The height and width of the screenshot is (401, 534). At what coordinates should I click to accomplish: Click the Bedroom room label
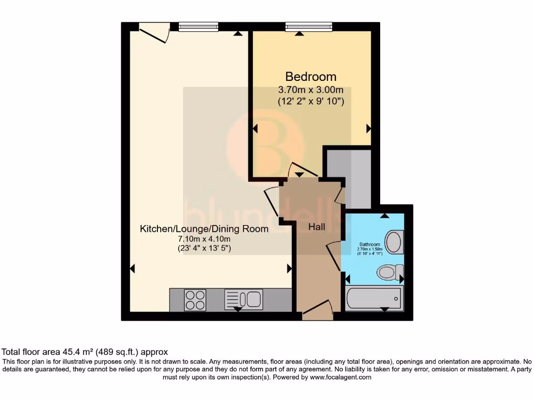(x=310, y=77)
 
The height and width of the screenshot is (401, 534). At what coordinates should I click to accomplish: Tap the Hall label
(x=317, y=227)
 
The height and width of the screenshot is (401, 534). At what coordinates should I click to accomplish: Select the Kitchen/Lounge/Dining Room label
(x=204, y=229)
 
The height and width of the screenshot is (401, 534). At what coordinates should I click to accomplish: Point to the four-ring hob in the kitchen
(x=195, y=300)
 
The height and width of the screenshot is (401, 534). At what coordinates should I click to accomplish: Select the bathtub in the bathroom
(x=374, y=298)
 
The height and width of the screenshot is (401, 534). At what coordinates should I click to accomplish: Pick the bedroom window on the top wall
(x=309, y=27)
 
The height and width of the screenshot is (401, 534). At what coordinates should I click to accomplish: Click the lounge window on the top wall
(x=198, y=27)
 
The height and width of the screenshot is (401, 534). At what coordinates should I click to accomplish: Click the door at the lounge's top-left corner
(x=154, y=33)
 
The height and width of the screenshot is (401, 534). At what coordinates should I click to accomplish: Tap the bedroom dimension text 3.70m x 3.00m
(x=311, y=89)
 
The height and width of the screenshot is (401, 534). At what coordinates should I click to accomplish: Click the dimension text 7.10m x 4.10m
(x=204, y=239)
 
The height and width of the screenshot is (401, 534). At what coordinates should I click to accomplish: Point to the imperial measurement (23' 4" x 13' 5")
(x=204, y=249)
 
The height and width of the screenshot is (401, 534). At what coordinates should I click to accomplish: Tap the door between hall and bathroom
(x=334, y=256)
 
